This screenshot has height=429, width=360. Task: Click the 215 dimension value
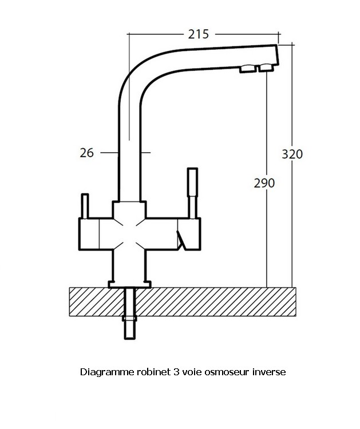coord(199,34)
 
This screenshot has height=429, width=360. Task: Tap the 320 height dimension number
coord(292,154)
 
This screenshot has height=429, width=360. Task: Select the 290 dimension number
coord(264,183)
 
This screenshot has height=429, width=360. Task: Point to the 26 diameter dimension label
coord(87,153)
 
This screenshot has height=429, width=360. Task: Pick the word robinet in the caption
coord(154,372)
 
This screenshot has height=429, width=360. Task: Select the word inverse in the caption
coord(269,372)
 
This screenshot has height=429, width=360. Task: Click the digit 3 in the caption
coord(176,372)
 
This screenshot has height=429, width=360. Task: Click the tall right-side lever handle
coord(193,193)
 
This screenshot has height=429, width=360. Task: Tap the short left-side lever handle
coord(85,206)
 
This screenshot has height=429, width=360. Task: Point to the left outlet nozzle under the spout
coord(248,69)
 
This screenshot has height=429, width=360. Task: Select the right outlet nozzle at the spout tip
coord(266,67)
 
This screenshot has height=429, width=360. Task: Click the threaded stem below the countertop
coord(130,313)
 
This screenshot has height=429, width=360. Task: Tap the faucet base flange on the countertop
coord(130,284)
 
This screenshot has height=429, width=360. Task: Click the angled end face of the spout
coord(277,55)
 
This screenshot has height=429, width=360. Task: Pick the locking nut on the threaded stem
coord(129,319)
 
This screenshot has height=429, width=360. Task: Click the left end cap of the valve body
coord(89,234)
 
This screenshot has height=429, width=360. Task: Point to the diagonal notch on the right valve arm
coord(181,240)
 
